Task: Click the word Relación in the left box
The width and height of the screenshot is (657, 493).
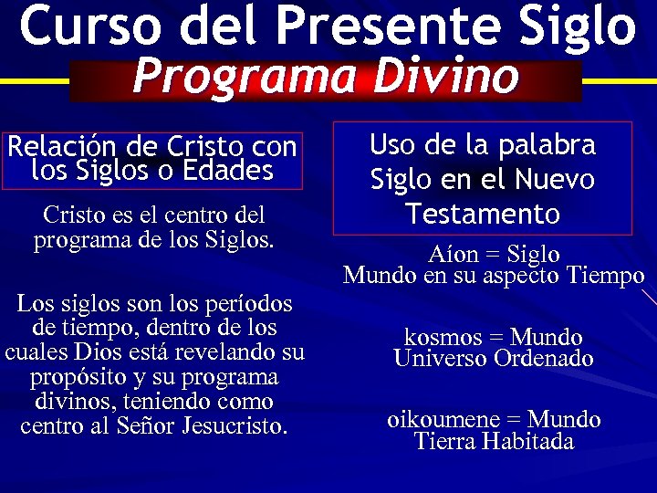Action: click(55, 147)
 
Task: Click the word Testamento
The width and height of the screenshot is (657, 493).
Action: click(483, 215)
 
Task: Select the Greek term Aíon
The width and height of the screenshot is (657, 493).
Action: click(451, 255)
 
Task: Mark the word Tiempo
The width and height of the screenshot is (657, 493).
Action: click(605, 276)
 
